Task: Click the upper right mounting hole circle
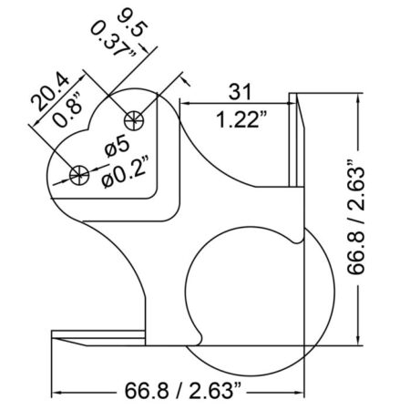[134, 120]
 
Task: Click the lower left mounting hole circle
[79, 175]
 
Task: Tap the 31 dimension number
[241, 91]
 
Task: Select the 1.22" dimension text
[241, 119]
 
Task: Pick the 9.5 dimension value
[133, 24]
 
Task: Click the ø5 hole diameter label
[117, 147]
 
